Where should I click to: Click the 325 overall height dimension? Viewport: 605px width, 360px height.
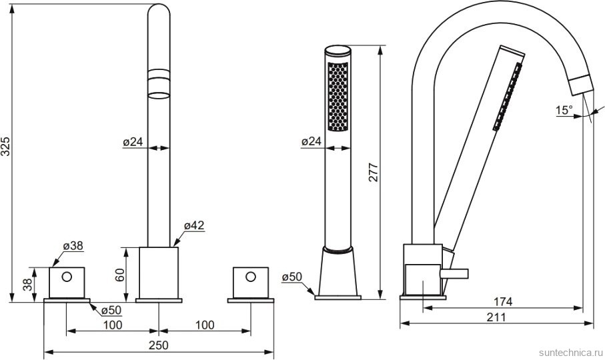point(5,146)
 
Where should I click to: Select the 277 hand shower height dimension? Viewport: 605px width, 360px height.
point(373,172)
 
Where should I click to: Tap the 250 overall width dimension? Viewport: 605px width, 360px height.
point(159,345)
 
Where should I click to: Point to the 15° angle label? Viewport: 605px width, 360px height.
point(564,110)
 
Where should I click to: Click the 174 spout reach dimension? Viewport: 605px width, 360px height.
point(503,301)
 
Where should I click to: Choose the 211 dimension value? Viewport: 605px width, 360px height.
point(496,317)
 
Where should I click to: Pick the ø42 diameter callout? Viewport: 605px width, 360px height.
point(194,225)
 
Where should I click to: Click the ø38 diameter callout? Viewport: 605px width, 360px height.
point(73,245)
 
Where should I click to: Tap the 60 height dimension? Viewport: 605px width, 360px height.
point(120,275)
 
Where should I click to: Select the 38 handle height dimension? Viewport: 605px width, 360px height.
point(27,285)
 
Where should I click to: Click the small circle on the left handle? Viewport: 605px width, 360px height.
point(67,277)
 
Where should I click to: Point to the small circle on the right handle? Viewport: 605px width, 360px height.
point(251,277)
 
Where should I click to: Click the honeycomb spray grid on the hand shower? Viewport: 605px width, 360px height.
point(338,97)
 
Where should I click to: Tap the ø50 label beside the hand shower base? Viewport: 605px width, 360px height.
point(291,277)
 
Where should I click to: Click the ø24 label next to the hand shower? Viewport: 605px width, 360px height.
point(311,141)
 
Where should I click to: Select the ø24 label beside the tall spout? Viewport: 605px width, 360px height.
point(133,142)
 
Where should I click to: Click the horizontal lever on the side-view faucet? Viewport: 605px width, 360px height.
point(454,273)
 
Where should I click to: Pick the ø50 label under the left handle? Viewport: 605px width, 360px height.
point(111,310)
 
